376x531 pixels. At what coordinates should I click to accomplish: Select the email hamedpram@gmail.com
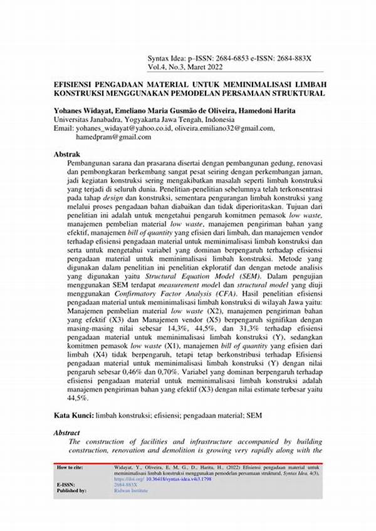113,137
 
